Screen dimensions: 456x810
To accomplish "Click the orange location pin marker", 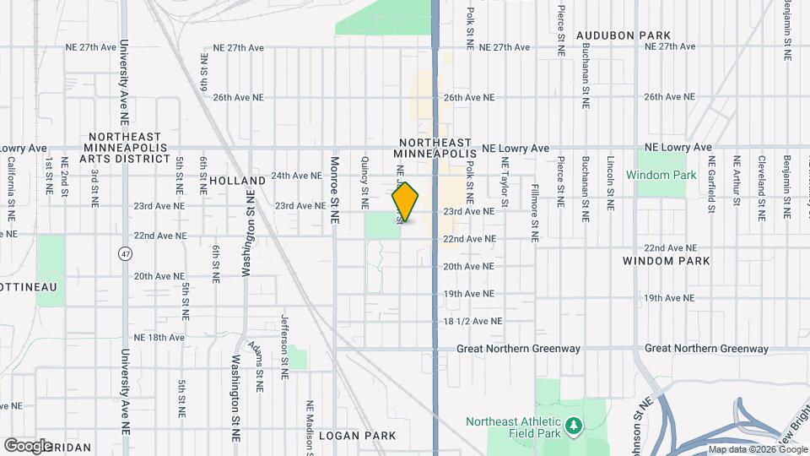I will tap(406, 202).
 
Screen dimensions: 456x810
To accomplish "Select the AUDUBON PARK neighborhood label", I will tap(624, 35).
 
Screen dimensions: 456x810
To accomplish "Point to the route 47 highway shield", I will tap(126, 253).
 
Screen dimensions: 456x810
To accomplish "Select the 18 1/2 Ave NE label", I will tap(472, 322).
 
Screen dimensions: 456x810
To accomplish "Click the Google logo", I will tap(28, 445).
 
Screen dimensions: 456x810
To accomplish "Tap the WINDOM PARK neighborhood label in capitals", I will tap(666, 262).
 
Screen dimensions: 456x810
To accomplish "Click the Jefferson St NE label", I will tap(284, 340).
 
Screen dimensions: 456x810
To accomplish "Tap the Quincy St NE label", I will tap(365, 182).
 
